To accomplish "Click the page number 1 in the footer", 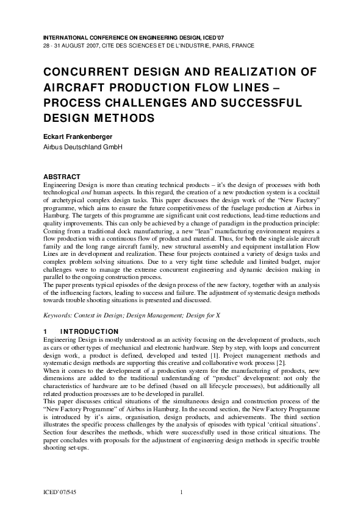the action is click(182, 491).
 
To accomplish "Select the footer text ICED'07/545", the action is click(60, 491).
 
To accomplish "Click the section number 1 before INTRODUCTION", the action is click(45, 331).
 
